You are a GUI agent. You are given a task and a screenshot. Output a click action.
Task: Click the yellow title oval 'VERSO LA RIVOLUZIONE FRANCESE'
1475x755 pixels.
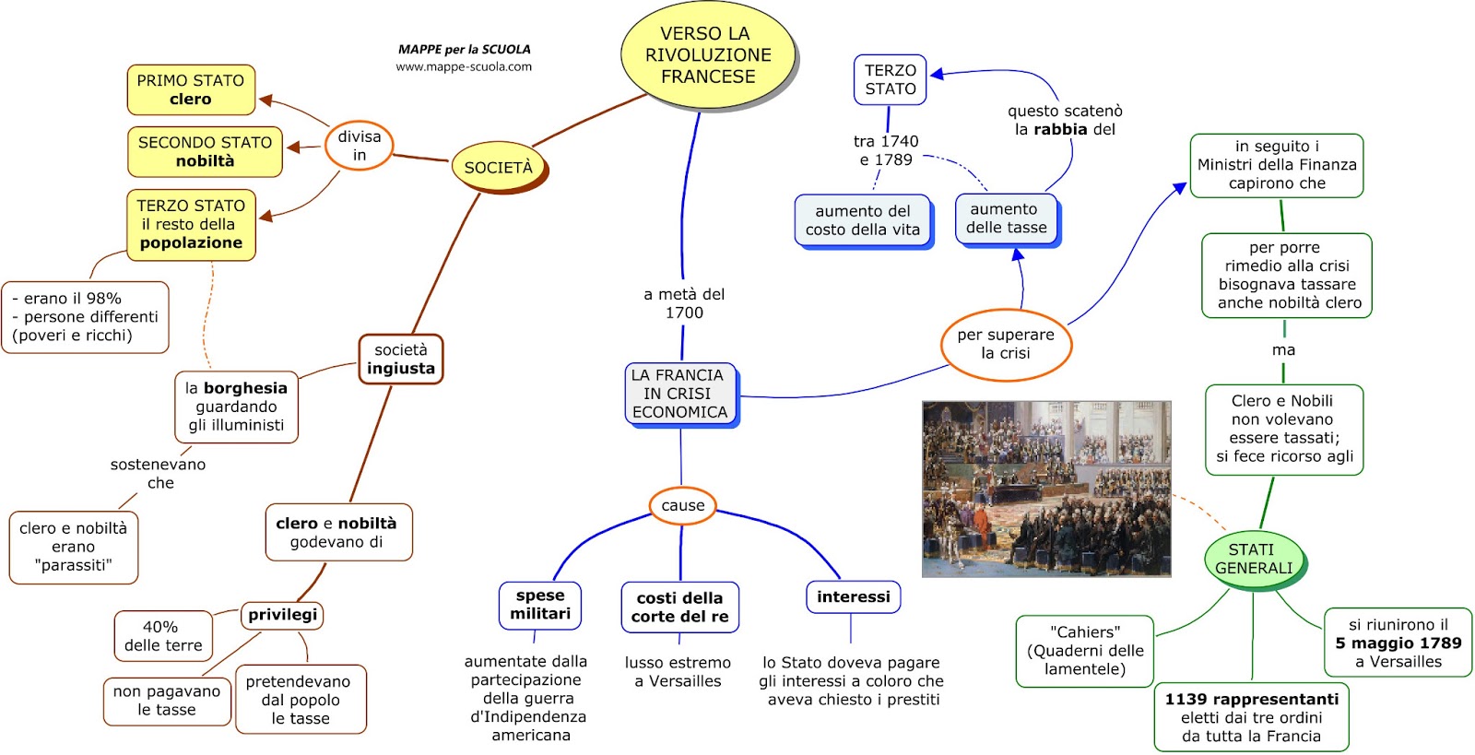(708, 54)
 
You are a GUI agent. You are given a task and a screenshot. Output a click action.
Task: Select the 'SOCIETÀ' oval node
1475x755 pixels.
(499, 167)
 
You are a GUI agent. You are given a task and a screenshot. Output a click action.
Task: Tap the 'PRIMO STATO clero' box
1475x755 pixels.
(191, 89)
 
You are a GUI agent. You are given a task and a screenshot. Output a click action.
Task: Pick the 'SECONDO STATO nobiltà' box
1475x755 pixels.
(205, 151)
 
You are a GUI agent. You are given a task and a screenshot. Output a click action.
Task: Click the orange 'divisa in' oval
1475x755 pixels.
(359, 146)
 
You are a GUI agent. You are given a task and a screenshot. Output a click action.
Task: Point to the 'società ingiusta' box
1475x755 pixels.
(401, 359)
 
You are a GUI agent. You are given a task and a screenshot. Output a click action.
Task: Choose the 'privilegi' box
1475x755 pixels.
(282, 615)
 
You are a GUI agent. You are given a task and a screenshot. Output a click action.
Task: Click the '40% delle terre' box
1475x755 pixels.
(163, 636)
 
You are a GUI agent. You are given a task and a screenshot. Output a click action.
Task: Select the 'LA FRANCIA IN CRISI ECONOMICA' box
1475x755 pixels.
(680, 394)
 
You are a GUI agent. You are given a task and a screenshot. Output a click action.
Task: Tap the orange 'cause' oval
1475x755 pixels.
(682, 505)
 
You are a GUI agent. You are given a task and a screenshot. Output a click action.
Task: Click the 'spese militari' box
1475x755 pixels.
(540, 605)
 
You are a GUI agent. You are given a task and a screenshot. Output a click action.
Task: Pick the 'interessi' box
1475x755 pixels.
(854, 597)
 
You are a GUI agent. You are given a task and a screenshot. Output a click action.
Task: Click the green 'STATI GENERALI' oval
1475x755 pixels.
(1254, 559)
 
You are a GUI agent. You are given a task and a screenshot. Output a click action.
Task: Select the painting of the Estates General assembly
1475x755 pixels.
(1046, 490)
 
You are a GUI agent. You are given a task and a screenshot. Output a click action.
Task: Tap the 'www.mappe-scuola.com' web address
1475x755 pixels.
(464, 66)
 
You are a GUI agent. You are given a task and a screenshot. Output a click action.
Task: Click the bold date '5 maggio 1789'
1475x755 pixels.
(1398, 643)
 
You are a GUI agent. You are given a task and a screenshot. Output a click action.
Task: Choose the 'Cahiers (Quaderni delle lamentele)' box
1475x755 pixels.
(1084, 651)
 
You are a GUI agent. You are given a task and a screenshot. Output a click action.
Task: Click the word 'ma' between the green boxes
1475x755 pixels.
(1283, 350)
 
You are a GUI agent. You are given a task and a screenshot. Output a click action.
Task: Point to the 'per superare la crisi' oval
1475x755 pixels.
(1006, 344)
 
